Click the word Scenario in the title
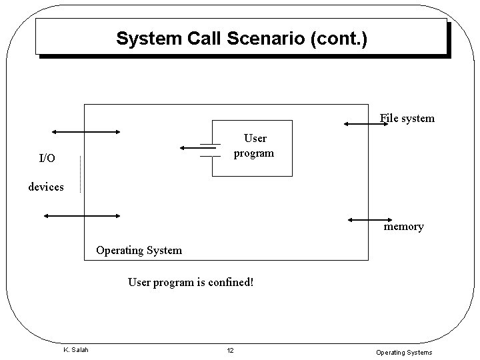pyautogui.click(x=267, y=39)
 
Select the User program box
pyautogui.click(x=252, y=148)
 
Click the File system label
pyautogui.click(x=407, y=119)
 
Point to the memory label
pyautogui.click(x=403, y=227)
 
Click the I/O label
pyautogui.click(x=47, y=159)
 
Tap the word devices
pyautogui.click(x=46, y=187)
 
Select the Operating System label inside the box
pyautogui.click(x=139, y=251)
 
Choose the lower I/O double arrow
pyautogui.click(x=81, y=215)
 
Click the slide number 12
pyautogui.click(x=230, y=351)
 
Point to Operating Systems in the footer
pyautogui.click(x=404, y=352)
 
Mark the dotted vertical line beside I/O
pyautogui.click(x=80, y=173)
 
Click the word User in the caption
pyautogui.click(x=139, y=282)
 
